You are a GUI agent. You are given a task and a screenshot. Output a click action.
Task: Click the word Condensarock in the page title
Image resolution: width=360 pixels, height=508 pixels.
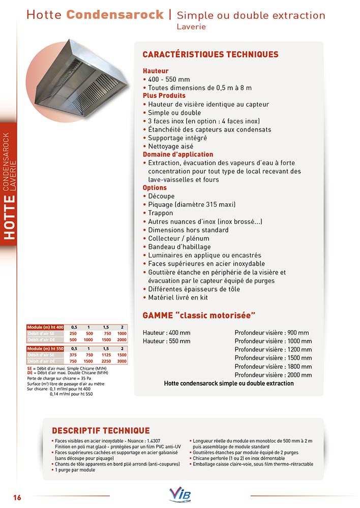pos(115,15)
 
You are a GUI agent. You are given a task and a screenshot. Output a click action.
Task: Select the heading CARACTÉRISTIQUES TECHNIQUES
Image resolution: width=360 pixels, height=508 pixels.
pos(211,54)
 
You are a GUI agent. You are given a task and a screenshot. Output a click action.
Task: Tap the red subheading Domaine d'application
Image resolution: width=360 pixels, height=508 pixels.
pos(178,154)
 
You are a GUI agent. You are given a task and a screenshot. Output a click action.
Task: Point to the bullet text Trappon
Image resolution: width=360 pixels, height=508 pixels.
pos(161,213)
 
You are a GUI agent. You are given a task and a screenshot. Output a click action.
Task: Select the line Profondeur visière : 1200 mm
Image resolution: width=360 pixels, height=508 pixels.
pos(273,350)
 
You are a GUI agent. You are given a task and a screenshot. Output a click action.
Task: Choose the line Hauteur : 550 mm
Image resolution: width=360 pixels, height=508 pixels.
pos(167,341)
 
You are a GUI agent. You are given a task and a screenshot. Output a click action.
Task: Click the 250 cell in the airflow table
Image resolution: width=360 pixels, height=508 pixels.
pos(74,333)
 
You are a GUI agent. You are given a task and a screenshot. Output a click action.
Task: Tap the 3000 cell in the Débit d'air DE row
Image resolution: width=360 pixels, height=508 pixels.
pos(121,361)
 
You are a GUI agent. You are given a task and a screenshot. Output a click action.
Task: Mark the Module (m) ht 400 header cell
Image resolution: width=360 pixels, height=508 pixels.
pos(46,327)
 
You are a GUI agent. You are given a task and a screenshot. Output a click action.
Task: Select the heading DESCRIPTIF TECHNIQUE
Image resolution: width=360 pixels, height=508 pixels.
pos(101,431)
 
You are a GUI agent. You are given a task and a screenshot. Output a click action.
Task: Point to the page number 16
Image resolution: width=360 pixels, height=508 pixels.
pos(17,497)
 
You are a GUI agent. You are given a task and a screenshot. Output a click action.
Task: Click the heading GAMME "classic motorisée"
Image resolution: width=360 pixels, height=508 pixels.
pos(199,315)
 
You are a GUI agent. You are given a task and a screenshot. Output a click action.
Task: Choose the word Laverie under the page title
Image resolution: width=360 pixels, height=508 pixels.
pos(191,26)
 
